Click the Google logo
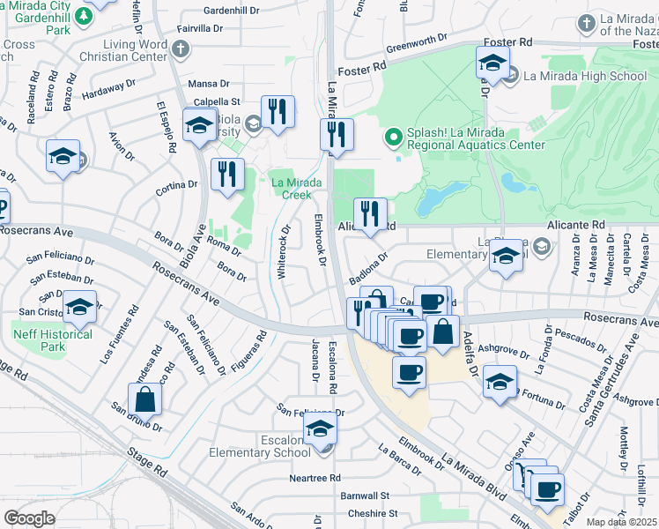click(29, 518)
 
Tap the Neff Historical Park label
click(53, 340)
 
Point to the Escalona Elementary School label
click(260, 445)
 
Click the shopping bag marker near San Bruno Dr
click(144, 400)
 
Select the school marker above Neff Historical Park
click(80, 306)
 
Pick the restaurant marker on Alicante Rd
click(370, 213)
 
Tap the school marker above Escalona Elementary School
click(320, 429)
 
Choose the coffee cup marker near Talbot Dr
click(547, 489)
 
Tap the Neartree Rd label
click(315, 478)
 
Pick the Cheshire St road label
click(373, 513)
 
